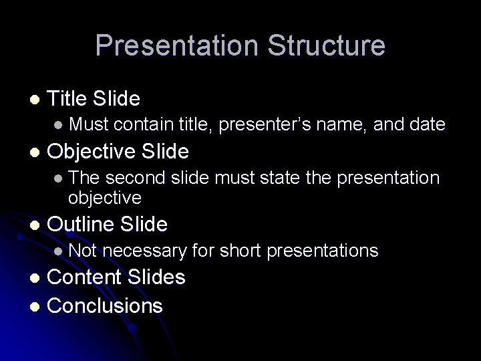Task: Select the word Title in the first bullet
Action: click(x=67, y=100)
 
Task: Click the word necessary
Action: click(x=145, y=251)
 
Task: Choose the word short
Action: click(x=238, y=251)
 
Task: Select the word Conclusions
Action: click(x=105, y=306)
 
